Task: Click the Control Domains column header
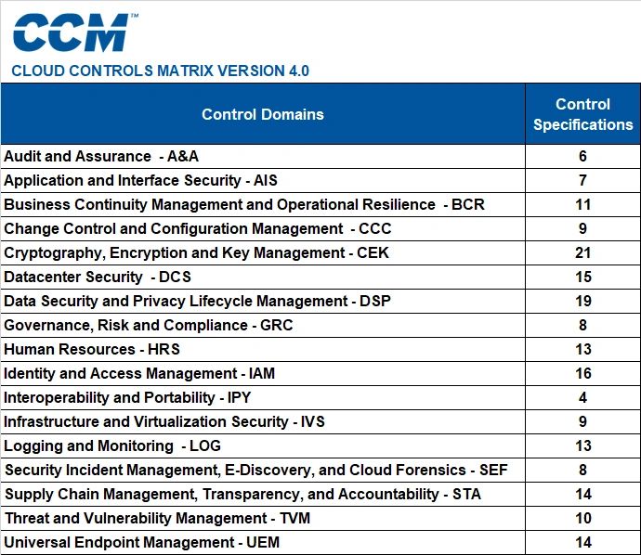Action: coord(263,114)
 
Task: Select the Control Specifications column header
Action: coord(583,114)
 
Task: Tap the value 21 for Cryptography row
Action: coord(583,252)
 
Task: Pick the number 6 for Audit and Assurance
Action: coord(583,156)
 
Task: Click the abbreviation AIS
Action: coord(266,180)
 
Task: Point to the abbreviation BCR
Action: coord(468,204)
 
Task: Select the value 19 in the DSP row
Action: coord(583,301)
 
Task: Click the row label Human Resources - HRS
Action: coord(92,349)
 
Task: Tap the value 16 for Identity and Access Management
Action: coord(583,373)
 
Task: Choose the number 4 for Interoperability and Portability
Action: coord(583,397)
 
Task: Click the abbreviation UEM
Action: coord(263,542)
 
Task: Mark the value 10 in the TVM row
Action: coord(583,518)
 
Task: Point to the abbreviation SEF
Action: coord(493,470)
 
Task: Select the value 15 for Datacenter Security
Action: coord(583,277)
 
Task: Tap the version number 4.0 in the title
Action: coord(299,71)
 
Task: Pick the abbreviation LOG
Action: coord(205,445)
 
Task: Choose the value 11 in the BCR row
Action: coord(583,204)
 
